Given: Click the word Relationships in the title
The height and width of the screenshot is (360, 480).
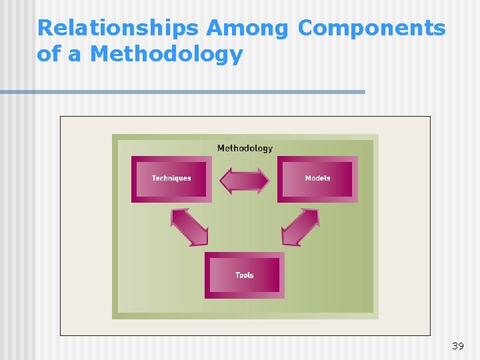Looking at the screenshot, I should (x=118, y=29).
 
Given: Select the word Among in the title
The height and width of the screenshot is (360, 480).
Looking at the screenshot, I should (x=247, y=29).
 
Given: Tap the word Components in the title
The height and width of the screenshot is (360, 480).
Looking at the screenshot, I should (x=371, y=29).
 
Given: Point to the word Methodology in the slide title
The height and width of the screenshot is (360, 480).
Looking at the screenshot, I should (x=166, y=55).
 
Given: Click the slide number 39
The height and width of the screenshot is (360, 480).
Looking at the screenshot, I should (x=457, y=346).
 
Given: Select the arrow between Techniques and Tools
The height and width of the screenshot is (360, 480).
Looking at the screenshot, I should (x=190, y=227).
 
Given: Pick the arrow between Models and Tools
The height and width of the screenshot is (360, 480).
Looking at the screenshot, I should (x=300, y=227).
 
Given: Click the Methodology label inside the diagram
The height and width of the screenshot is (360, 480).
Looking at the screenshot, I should (x=245, y=148).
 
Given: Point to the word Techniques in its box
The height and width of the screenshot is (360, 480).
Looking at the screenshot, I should (x=171, y=178).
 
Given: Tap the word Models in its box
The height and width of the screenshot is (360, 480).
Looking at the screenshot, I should (x=317, y=178).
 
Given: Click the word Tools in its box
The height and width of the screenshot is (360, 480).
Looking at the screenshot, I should (x=244, y=275).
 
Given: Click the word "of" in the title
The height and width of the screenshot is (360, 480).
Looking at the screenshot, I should (x=49, y=55).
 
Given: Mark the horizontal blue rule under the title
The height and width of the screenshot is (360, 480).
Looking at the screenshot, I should (x=183, y=92).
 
